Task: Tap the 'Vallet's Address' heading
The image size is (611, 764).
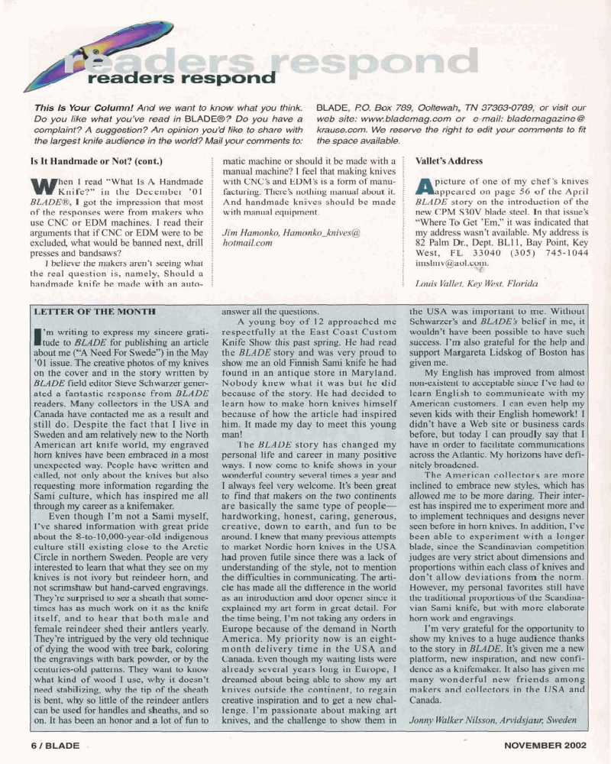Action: coord(449,163)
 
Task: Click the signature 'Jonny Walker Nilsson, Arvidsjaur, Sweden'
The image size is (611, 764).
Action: coord(493,720)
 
